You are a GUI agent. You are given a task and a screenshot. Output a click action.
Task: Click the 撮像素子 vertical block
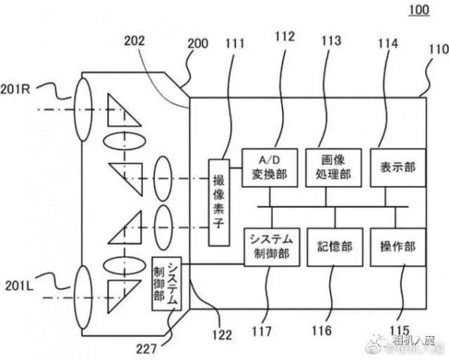coord(218,202)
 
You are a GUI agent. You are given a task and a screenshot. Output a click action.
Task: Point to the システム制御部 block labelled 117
coord(268,246)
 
